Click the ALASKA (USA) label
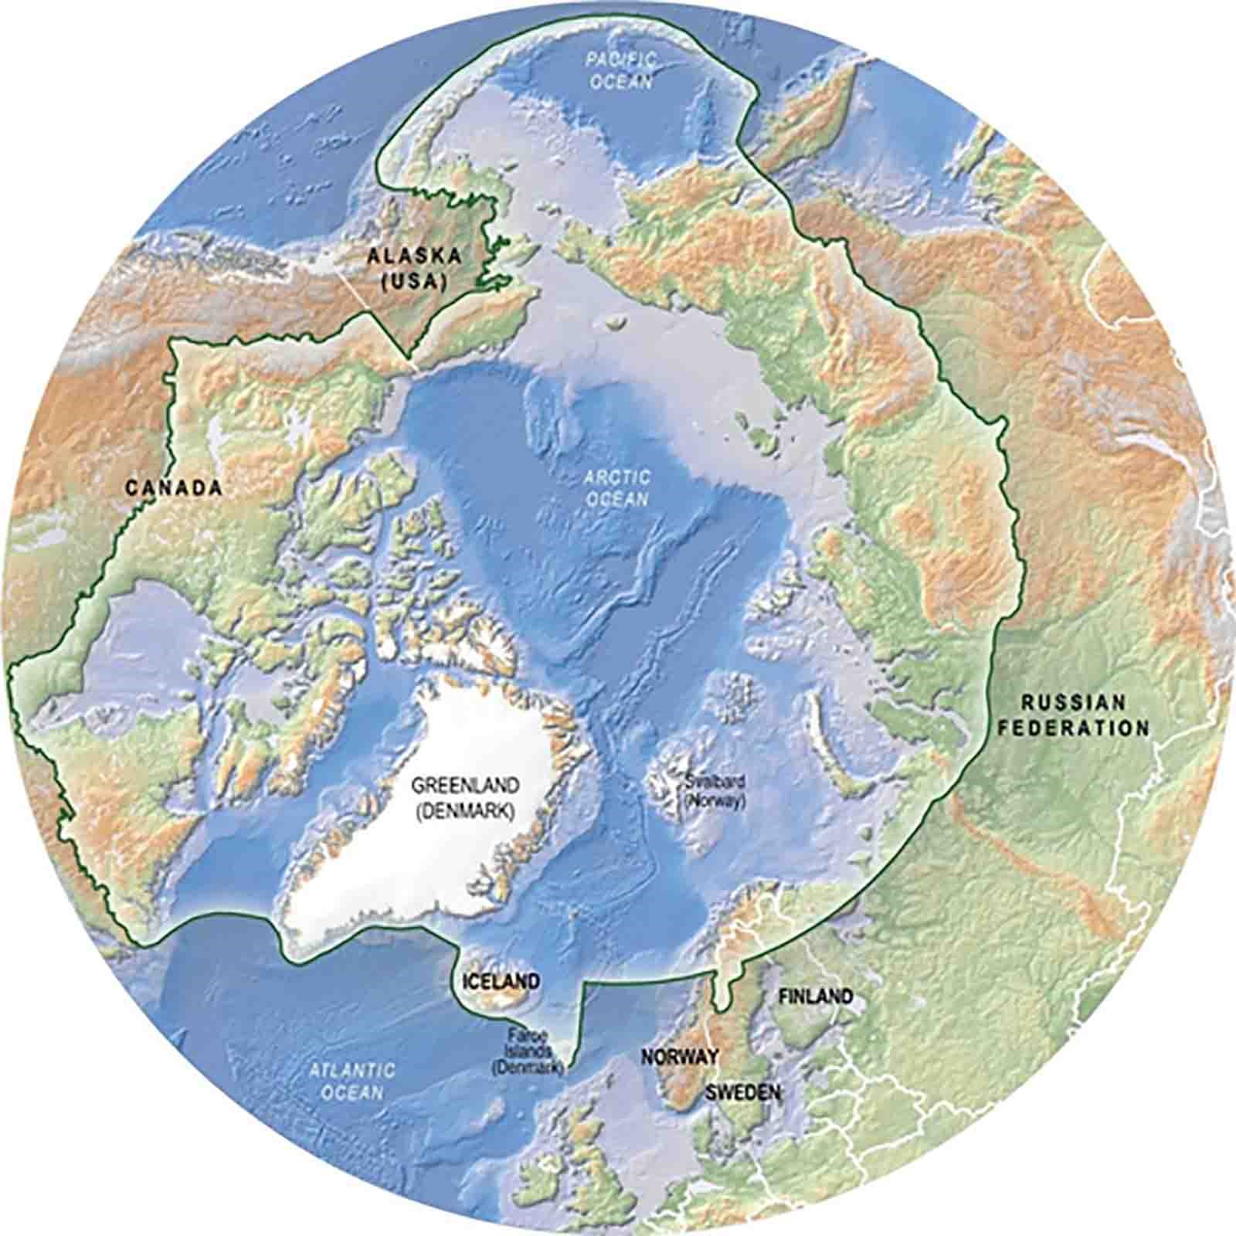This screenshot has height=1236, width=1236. tap(414, 267)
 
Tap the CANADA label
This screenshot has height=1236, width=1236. tap(174, 487)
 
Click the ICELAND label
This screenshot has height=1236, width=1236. tap(500, 982)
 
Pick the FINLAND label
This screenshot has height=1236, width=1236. tap(816, 997)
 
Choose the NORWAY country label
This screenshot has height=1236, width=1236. tap(680, 1056)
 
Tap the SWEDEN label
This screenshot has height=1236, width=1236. tap(742, 1092)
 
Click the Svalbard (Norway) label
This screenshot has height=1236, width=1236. tap(712, 791)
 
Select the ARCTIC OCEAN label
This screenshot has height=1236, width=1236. tap(616, 488)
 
